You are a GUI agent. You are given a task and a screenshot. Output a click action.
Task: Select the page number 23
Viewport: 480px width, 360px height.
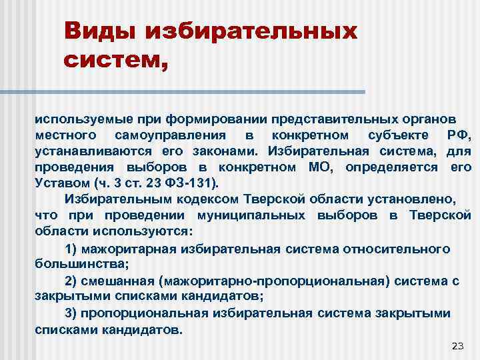tap(457, 345)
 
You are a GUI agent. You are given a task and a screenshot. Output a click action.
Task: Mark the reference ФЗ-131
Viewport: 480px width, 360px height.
tap(194, 183)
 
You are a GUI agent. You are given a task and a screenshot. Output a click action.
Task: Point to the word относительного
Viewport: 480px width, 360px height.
tap(396, 248)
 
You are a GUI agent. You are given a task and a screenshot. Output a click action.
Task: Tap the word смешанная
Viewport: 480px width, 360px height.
tap(119, 280)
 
